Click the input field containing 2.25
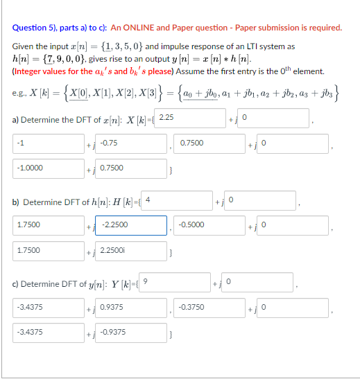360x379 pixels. coord(187,118)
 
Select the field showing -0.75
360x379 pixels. coord(132,143)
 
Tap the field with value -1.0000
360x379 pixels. coord(46,168)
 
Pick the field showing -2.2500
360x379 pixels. coord(132,225)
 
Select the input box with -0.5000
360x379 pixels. coord(206,225)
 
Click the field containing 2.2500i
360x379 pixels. coord(132,250)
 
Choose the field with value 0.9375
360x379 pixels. coord(132,307)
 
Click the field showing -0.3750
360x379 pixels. coord(206,307)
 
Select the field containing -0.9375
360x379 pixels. coord(132,333)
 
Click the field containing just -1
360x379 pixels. coord(46,143)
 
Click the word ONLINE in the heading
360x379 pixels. coord(139,28)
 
